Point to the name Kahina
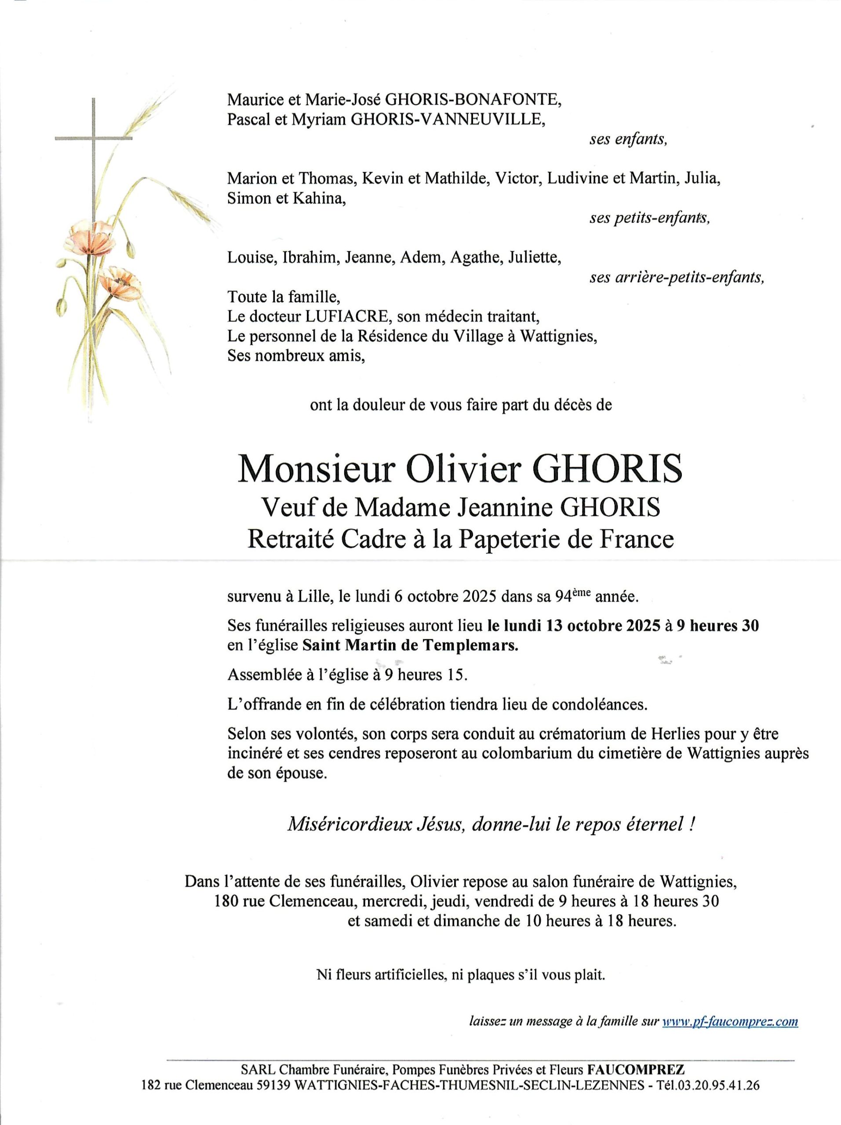pyautogui.click(x=318, y=198)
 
